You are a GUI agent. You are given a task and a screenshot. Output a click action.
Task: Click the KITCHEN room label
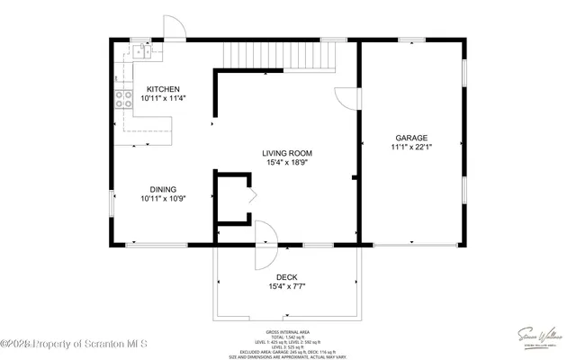pos(164,89)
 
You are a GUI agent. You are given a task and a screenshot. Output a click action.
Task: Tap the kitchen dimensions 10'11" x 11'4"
pos(164,100)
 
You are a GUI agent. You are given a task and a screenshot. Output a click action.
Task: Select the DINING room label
pos(164,189)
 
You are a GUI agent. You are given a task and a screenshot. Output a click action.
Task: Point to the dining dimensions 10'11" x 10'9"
pos(164,199)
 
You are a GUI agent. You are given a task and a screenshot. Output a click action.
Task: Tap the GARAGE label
pos(410,138)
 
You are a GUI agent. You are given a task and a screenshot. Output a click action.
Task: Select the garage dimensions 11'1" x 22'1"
pos(410,148)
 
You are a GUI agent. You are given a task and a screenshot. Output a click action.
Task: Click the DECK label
pos(286,277)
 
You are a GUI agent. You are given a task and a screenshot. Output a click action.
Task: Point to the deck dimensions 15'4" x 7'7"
pos(286,287)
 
